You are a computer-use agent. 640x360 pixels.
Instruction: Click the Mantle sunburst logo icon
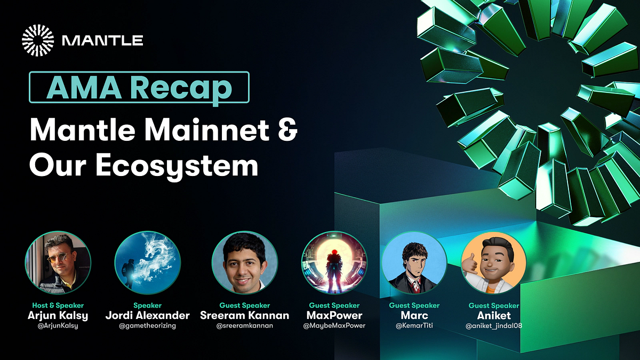[38, 40]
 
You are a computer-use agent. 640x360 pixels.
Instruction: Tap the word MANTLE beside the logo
[102, 41]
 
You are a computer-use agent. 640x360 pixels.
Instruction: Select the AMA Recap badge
[139, 87]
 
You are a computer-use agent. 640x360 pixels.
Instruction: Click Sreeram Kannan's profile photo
[244, 264]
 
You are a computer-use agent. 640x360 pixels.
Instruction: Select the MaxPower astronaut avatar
[334, 264]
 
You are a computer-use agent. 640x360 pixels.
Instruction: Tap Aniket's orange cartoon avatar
[494, 265]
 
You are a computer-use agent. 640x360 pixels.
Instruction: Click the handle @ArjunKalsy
[58, 326]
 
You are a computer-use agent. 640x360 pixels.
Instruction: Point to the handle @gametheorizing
[148, 326]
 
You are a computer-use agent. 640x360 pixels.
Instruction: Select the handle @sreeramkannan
[244, 326]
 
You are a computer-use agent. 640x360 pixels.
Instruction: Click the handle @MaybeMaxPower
[335, 326]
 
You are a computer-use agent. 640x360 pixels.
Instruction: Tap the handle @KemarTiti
[414, 326]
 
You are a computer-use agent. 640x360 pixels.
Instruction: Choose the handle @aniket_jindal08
[494, 326]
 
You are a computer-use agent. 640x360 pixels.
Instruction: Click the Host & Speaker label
[58, 306]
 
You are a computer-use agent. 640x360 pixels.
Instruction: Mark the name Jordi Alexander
[148, 315]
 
